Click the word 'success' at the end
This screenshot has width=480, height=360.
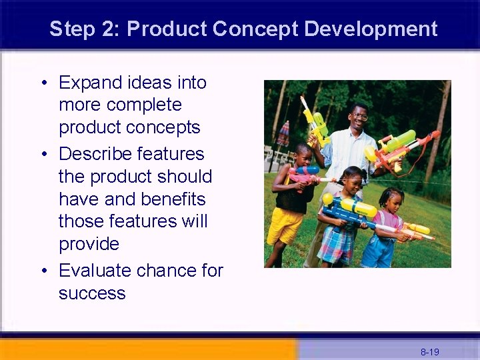[92, 293]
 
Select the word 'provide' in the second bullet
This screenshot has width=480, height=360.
[89, 244]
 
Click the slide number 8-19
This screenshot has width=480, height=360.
[429, 351]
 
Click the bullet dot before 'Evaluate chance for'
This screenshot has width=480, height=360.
[43, 271]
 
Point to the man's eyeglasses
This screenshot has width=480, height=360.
[359, 117]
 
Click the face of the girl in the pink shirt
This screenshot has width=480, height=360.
[391, 201]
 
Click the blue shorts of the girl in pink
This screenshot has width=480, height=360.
[379, 251]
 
